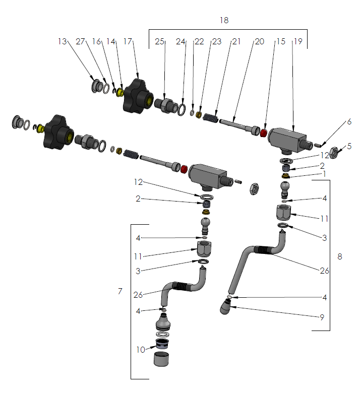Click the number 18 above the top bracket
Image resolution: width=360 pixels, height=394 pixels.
224,20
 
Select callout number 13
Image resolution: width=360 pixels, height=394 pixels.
62,41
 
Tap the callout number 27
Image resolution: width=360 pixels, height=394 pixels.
80,41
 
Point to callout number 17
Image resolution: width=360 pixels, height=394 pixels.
127,41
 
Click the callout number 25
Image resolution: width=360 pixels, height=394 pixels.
160,41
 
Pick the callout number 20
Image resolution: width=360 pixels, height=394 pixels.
259,41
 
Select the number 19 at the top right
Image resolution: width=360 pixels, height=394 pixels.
297,41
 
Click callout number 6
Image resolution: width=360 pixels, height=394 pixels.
348,122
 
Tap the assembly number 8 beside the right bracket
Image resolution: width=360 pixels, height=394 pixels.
339,256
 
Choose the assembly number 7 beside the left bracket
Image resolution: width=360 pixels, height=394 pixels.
119,291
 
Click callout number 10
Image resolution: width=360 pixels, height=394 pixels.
141,350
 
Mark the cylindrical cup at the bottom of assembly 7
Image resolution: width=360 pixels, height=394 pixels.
161,359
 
